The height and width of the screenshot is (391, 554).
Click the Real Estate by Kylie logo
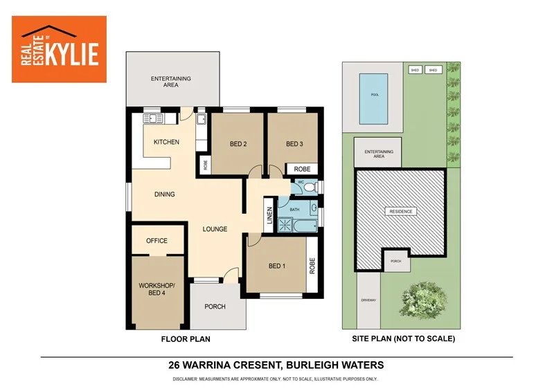[x=60, y=49]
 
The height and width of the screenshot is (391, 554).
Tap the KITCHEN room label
[x=166, y=142]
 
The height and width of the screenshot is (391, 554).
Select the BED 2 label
[x=238, y=144]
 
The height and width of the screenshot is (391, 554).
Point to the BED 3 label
[x=295, y=144]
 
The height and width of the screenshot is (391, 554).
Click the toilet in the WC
[x=310, y=186]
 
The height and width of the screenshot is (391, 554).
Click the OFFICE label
[x=157, y=241]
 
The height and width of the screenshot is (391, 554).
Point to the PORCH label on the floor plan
[x=215, y=307]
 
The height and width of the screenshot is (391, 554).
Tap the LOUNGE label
[x=215, y=228]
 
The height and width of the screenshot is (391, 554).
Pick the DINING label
[x=164, y=194]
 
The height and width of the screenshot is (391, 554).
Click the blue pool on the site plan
[x=375, y=95]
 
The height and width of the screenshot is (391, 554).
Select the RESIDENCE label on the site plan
[x=400, y=211]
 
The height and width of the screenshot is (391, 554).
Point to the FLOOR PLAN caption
[x=186, y=339]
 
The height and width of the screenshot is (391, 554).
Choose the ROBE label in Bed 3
[x=302, y=169]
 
